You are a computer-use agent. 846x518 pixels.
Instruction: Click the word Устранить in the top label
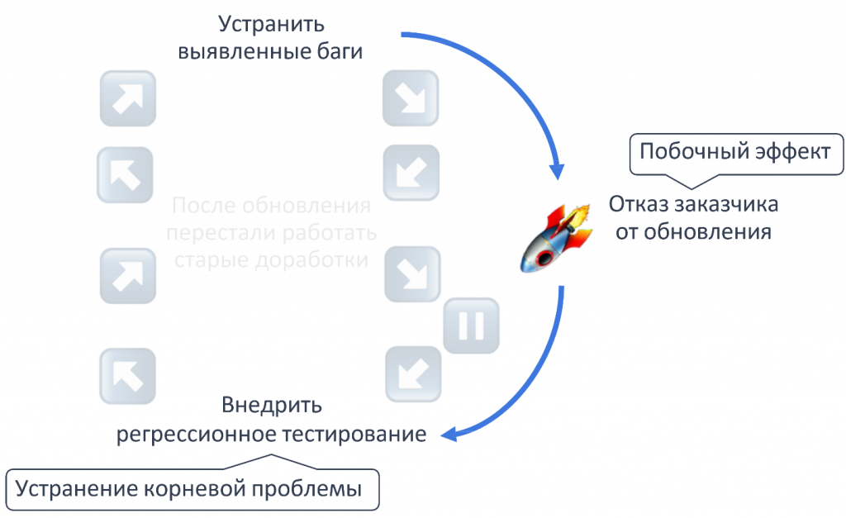[x=271, y=25]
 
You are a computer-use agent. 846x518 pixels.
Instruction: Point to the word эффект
[x=792, y=152]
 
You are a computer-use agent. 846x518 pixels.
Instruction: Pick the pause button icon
[x=471, y=326]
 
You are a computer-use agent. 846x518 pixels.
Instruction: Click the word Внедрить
[x=271, y=405]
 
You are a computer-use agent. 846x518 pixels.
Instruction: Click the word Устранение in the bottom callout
[x=77, y=489]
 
